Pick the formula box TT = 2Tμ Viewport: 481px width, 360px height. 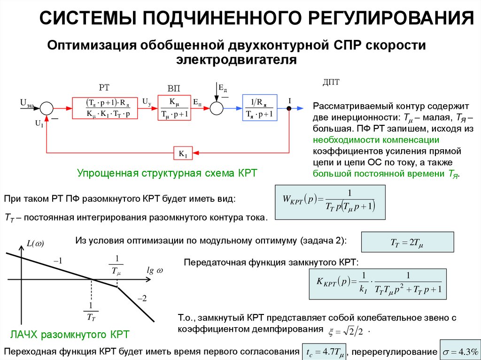click(x=407, y=243)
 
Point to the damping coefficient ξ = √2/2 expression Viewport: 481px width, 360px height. click(x=347, y=331)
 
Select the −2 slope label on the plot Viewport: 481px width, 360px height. click(x=142, y=298)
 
